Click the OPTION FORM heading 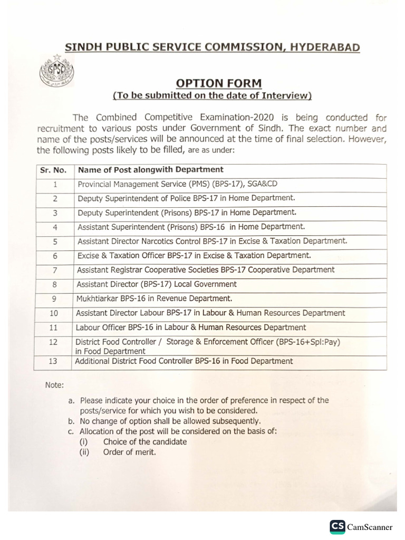point(218,83)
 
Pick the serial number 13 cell point(53,362)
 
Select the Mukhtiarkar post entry point(154,298)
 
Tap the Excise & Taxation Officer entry point(194,256)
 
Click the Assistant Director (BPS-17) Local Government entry point(157,284)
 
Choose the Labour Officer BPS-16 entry point(191,327)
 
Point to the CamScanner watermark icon point(337,527)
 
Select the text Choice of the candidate point(145,441)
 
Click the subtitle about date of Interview point(213,95)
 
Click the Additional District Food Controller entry point(184,361)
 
